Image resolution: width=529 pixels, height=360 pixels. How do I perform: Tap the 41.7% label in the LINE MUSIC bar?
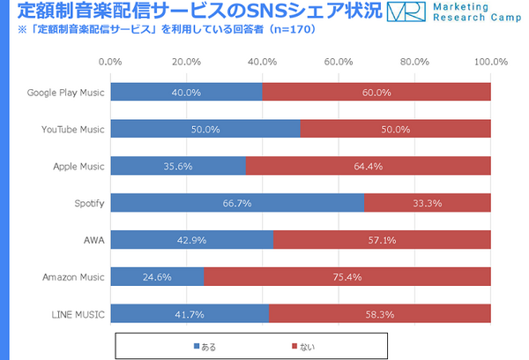pos(190,314)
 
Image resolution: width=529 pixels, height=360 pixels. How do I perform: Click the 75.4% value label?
pos(346,277)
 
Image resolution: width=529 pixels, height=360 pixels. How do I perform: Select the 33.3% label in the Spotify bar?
pos(428,203)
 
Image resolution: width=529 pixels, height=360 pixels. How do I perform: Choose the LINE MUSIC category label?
pos(78,314)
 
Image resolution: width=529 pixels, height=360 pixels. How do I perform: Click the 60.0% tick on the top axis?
pos(339,62)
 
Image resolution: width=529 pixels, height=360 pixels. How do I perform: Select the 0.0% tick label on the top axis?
pos(110,62)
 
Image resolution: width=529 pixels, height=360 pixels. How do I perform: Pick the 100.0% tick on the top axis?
pos(489,62)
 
